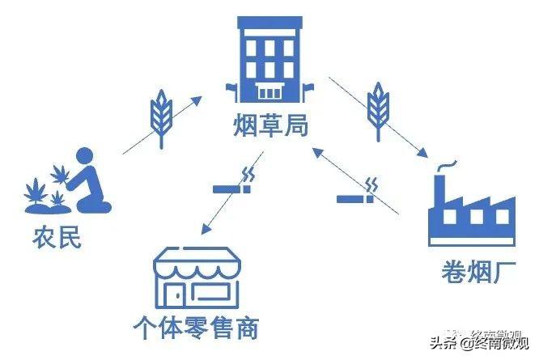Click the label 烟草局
click(x=270, y=125)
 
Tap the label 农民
click(x=57, y=237)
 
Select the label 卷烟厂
click(x=479, y=272)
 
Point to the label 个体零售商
click(x=196, y=328)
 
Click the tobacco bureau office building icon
click(x=269, y=59)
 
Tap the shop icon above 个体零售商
click(x=197, y=278)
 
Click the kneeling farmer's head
click(x=84, y=157)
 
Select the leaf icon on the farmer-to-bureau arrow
click(x=162, y=118)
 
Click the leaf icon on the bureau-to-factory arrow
click(x=379, y=112)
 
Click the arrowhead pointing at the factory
click(x=422, y=152)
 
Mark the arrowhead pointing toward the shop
click(x=206, y=228)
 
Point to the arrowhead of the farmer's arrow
click(x=197, y=101)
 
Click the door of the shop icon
click(x=175, y=294)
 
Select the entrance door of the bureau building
click(x=269, y=91)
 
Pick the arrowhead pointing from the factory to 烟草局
click(x=317, y=151)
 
